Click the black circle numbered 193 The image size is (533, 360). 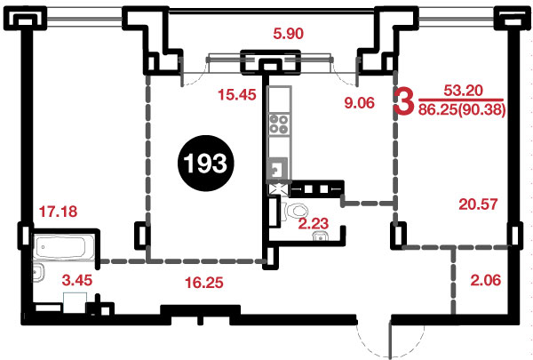(x=206, y=163)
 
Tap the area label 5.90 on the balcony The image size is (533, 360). (x=288, y=34)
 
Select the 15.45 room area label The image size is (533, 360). (x=237, y=94)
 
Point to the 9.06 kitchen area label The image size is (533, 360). (x=359, y=102)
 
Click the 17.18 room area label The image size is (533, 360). (x=58, y=212)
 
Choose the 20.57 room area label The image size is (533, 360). (x=478, y=204)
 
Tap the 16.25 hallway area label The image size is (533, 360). (x=204, y=282)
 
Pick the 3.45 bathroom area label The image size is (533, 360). (x=77, y=280)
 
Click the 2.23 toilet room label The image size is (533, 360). (x=314, y=223)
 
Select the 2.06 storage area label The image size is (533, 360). (x=486, y=280)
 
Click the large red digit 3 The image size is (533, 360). (x=404, y=100)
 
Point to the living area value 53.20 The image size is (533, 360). (x=464, y=90)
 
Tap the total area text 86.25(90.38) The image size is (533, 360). (x=462, y=110)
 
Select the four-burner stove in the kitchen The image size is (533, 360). (x=279, y=124)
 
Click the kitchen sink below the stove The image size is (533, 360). (x=278, y=169)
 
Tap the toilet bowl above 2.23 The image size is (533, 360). (x=296, y=211)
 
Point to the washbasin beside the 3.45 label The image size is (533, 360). (x=38, y=273)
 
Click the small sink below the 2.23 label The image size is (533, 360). (x=320, y=236)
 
